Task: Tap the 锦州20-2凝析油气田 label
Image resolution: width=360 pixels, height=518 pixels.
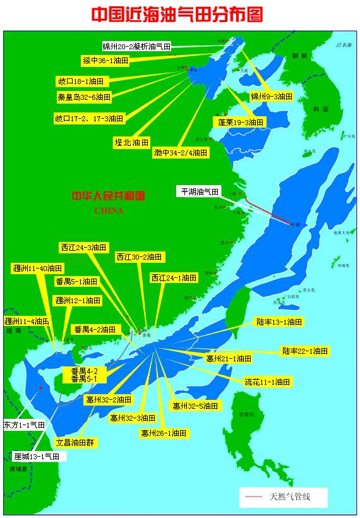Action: tap(137, 46)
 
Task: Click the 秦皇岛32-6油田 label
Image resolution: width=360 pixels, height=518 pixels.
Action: tap(84, 97)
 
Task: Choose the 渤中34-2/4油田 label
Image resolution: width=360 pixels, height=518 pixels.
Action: tap(181, 152)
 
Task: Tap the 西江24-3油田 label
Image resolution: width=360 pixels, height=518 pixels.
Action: tap(85, 247)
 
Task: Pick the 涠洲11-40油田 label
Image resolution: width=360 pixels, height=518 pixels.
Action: tap(38, 268)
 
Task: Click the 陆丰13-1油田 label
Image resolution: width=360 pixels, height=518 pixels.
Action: tap(279, 322)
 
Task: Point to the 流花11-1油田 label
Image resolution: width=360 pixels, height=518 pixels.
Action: tap(267, 382)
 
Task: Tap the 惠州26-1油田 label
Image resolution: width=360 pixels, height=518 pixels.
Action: tap(164, 433)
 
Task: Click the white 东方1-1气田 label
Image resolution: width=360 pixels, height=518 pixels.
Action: tap(25, 425)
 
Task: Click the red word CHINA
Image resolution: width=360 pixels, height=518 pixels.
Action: tap(109, 210)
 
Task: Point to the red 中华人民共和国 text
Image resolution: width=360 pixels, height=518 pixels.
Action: tap(109, 196)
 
